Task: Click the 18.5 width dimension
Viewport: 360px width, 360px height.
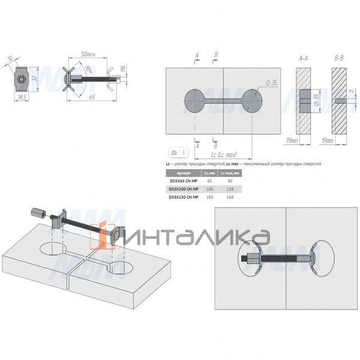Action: (22, 97)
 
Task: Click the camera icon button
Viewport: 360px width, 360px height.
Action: (174, 153)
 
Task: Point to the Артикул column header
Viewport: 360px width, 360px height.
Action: (185, 172)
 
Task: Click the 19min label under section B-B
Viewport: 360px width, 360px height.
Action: (344, 140)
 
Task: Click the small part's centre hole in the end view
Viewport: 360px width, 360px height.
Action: (21, 78)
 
